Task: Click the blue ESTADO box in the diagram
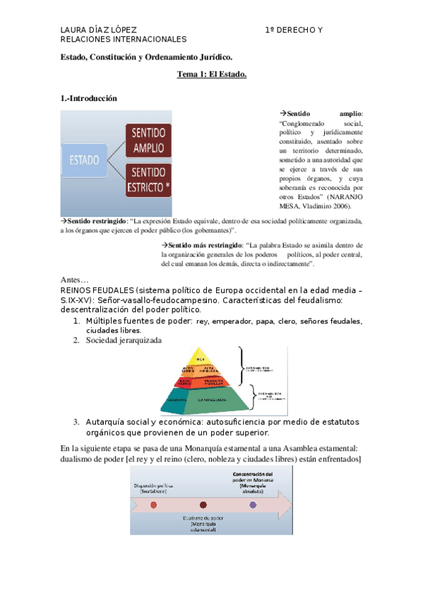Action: pyautogui.click(x=84, y=160)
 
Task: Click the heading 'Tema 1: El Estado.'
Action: pyautogui.click(x=211, y=76)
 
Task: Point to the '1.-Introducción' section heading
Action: pyautogui.click(x=88, y=99)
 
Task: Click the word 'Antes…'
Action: pyautogui.click(x=74, y=280)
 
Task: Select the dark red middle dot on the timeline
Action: pyautogui.click(x=203, y=505)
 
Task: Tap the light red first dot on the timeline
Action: pyautogui.click(x=154, y=505)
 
